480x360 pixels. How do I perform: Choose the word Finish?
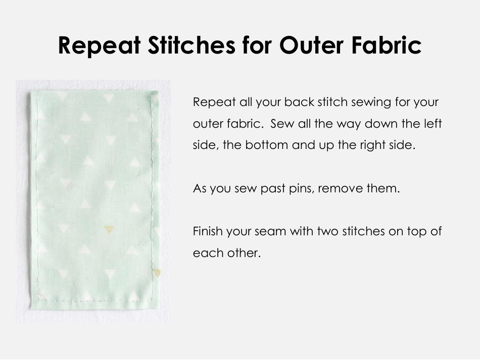208,232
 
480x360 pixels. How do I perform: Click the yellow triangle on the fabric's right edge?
157,273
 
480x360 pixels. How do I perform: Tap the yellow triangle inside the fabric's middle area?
108,229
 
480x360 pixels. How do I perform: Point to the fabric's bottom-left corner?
33,307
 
